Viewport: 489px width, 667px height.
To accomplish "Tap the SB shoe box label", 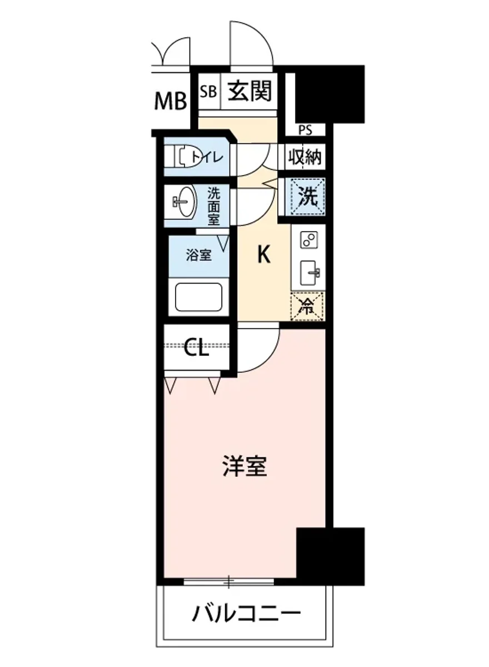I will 208,91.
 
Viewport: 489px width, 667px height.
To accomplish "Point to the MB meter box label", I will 170,101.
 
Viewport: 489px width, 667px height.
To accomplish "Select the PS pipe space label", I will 305,131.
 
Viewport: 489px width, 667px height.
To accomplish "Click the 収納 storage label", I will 305,157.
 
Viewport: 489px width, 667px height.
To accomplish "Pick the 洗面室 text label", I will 214,206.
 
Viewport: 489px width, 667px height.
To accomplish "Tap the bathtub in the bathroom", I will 198,298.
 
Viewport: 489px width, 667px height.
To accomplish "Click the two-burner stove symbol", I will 308,240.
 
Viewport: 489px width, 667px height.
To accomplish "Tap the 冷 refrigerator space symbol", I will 307,307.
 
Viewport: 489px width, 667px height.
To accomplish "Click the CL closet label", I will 197,349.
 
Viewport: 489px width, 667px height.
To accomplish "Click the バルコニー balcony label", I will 247,615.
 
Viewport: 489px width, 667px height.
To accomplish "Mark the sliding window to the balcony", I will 228,582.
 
